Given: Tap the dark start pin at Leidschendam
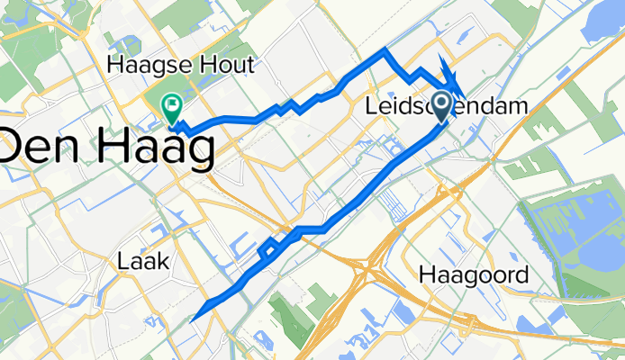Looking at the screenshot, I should pyautogui.click(x=442, y=107).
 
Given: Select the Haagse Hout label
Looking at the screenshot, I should pyautogui.click(x=181, y=65).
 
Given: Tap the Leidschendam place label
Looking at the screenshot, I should pyautogui.click(x=447, y=107).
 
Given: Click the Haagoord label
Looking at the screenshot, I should pyautogui.click(x=474, y=275).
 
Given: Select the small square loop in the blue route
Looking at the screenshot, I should pyautogui.click(x=267, y=251).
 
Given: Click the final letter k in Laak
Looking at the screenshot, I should pyautogui.click(x=162, y=262).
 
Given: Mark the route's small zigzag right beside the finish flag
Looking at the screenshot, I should pyautogui.click(x=178, y=127).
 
